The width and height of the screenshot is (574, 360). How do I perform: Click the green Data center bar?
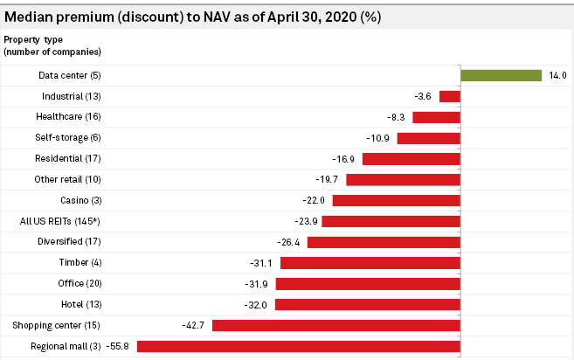coord(501,75)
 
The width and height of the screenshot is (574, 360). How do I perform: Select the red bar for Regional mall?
coord(299,346)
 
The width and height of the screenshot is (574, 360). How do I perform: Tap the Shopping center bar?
coord(336,325)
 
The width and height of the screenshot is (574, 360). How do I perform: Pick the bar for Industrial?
coord(450,96)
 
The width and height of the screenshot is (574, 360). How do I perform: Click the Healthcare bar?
coord(437,117)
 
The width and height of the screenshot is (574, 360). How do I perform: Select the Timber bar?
coord(370,262)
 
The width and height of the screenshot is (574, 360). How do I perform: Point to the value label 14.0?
coord(558,76)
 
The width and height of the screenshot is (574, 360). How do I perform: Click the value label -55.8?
coord(117,347)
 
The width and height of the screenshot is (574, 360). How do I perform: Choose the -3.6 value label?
coord(424,96)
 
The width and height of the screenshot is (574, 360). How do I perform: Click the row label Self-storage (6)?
coord(68,137)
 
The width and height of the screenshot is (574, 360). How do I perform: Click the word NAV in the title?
coord(204,17)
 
